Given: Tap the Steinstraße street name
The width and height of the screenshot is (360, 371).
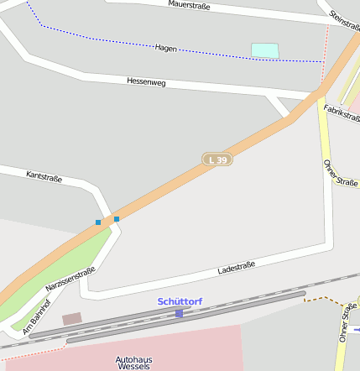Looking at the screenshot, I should pyautogui.click(x=345, y=16).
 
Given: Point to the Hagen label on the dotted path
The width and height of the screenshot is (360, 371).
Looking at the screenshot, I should pyautogui.click(x=166, y=48).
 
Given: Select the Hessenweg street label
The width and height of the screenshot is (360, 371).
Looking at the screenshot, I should pyautogui.click(x=148, y=81).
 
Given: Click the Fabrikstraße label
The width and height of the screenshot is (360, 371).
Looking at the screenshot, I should pyautogui.click(x=342, y=112).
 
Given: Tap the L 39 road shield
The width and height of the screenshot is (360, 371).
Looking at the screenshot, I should pyautogui.click(x=217, y=159).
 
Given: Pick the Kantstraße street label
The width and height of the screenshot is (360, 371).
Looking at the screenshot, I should pyautogui.click(x=44, y=176).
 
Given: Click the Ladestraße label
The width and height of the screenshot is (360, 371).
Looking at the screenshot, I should pyautogui.click(x=236, y=268).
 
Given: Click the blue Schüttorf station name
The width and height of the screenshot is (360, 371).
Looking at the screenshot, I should pyautogui.click(x=180, y=301).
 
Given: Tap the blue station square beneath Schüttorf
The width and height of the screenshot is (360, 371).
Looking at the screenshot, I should pyautogui.click(x=179, y=313).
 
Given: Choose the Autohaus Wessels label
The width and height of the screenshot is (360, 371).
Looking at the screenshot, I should pyautogui.click(x=134, y=363).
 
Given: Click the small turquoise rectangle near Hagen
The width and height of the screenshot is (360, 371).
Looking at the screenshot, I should pyautogui.click(x=264, y=50).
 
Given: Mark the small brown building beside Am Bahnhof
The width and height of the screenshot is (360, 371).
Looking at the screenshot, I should pyautogui.click(x=72, y=319).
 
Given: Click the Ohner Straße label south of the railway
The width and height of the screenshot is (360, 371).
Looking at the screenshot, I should pyautogui.click(x=346, y=324).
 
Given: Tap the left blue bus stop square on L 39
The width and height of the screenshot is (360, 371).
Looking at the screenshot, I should pyautogui.click(x=98, y=222).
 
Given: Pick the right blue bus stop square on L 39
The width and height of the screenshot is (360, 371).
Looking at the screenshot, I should pyautogui.click(x=117, y=219).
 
